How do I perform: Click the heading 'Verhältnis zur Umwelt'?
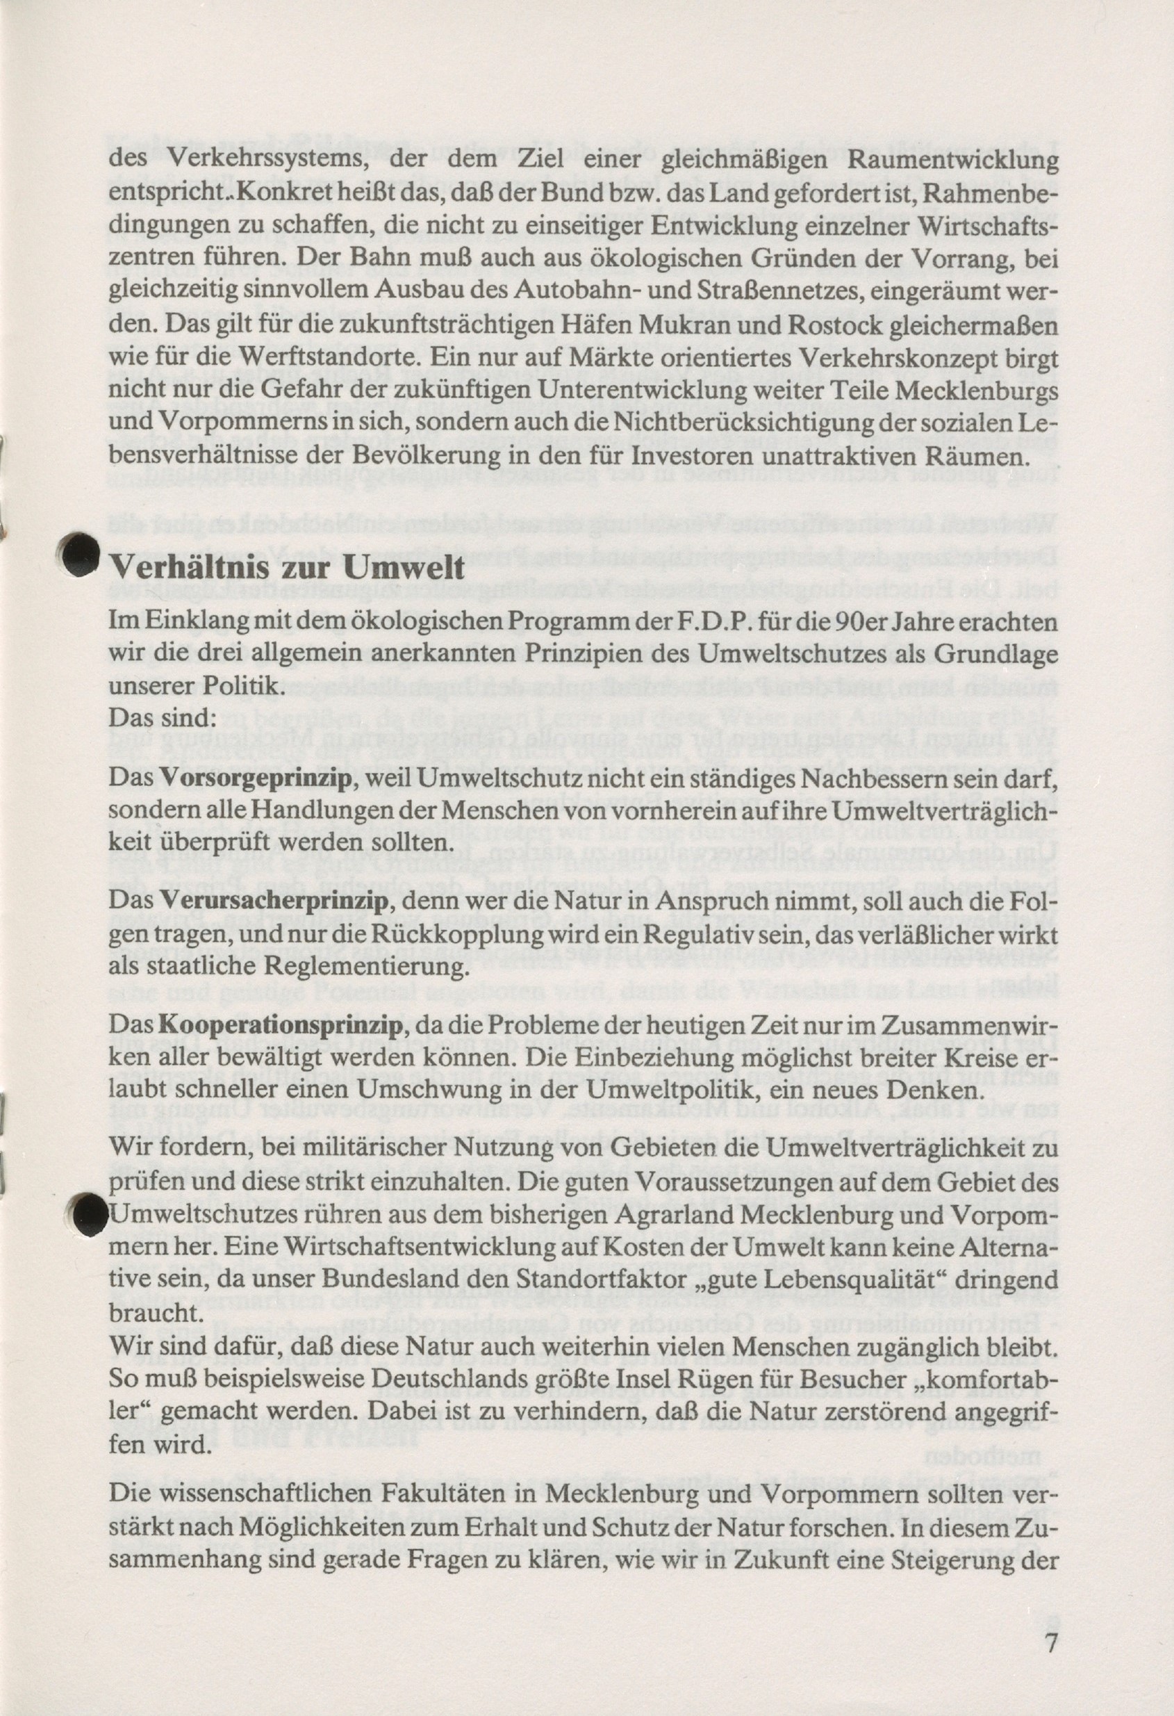pos(288,569)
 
